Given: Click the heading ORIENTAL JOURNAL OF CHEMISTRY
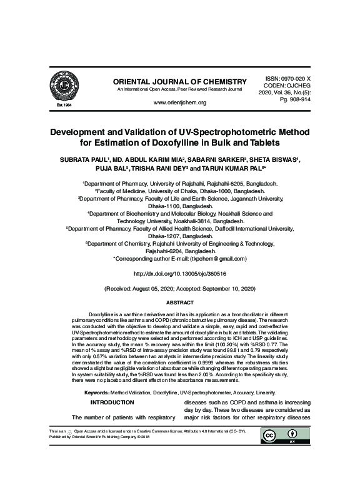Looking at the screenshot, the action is [176, 82].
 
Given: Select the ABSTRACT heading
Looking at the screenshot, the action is [179, 302].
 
